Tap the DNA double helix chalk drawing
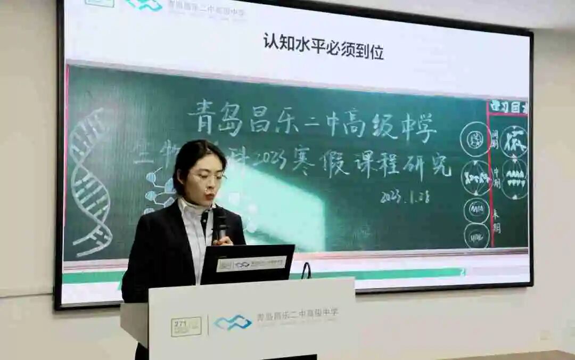pyautogui.click(x=89, y=181)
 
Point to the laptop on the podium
pyautogui.click(x=247, y=264)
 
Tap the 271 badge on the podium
pyautogui.click(x=186, y=326)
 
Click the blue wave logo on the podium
pyautogui.click(x=233, y=322)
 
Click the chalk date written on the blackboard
pyautogui.click(x=405, y=196)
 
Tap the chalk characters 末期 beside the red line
pyautogui.click(x=496, y=220)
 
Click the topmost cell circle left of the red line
pyautogui.click(x=475, y=139)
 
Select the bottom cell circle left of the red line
pyautogui.click(x=477, y=235)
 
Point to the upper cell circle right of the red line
pyautogui.click(x=514, y=141)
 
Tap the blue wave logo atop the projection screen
pyautogui.click(x=144, y=5)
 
